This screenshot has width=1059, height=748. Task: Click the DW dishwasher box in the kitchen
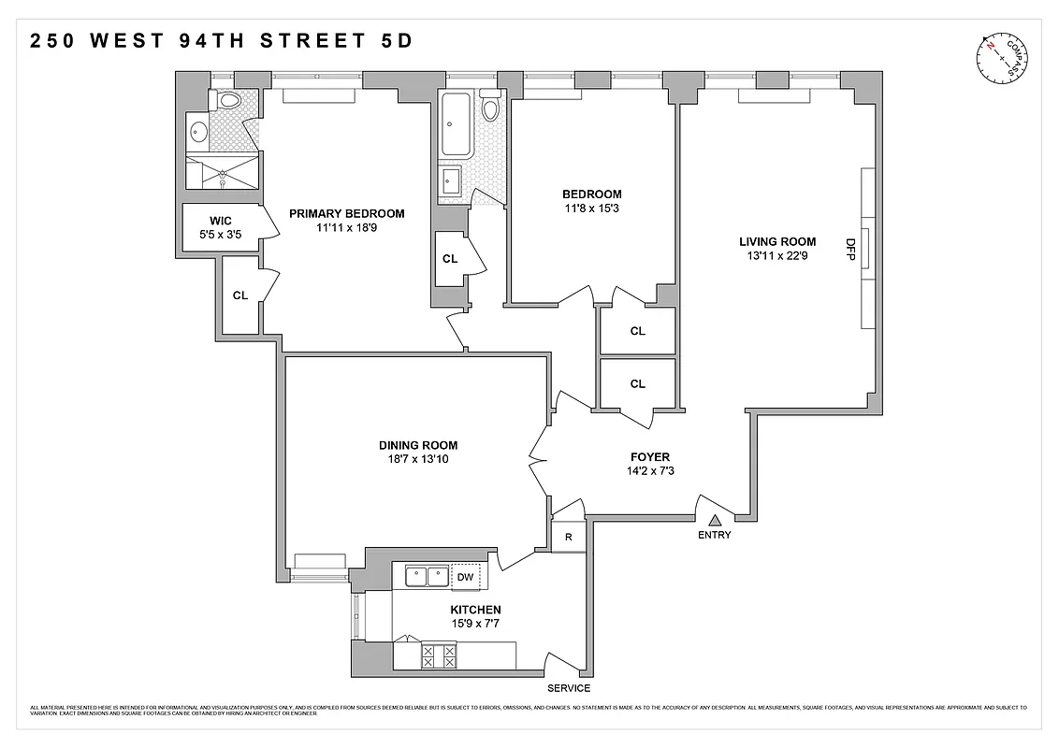465,577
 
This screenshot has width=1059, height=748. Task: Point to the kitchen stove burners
438,655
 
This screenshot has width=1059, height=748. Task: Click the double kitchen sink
427,577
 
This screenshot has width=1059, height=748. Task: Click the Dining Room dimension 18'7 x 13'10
418,460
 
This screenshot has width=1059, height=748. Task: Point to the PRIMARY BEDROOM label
346,213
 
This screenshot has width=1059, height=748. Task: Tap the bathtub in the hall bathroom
457,124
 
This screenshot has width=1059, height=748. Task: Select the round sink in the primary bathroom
197,131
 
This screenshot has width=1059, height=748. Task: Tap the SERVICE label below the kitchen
569,688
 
